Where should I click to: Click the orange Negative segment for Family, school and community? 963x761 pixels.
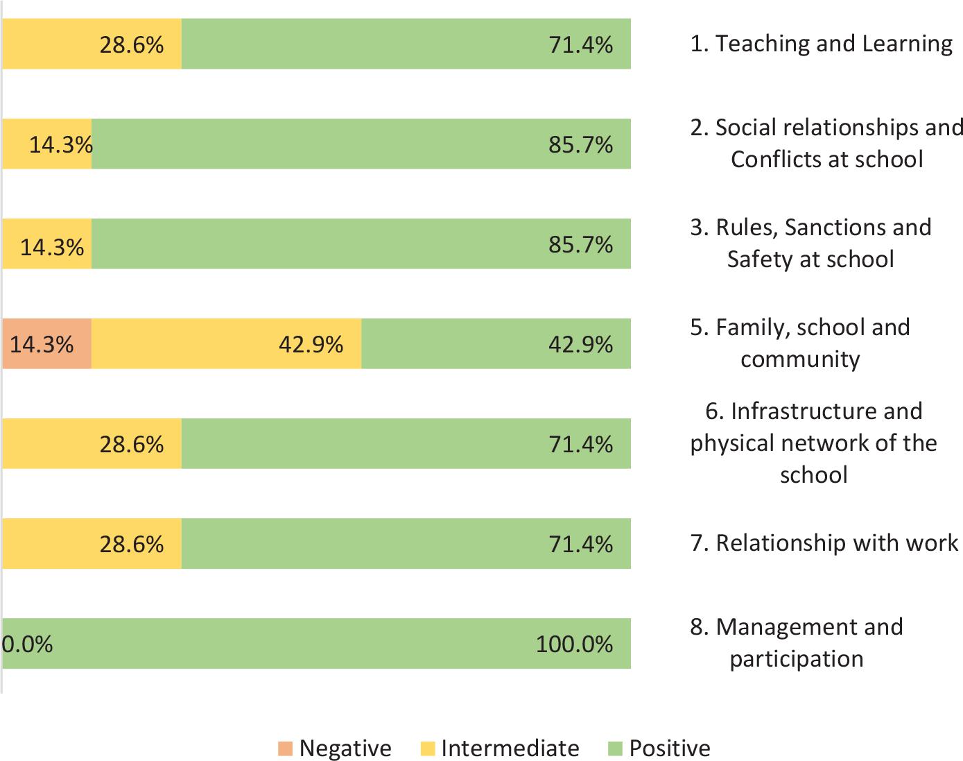[x=46, y=343]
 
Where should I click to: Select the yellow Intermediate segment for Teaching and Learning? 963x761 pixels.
[x=92, y=44]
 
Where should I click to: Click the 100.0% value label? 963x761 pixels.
[x=574, y=644]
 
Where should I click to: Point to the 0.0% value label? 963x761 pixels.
[x=27, y=644]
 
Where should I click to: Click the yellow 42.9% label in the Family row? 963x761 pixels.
[x=311, y=344]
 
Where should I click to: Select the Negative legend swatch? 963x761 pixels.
[x=286, y=749]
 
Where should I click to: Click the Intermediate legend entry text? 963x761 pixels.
[x=510, y=749]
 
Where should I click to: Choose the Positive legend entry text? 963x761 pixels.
[x=669, y=749]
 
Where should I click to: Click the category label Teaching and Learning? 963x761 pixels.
[x=822, y=44]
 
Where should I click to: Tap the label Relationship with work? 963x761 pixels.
[x=824, y=542]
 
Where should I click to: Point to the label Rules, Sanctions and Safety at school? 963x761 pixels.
[x=810, y=243]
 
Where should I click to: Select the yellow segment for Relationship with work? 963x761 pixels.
[x=92, y=543]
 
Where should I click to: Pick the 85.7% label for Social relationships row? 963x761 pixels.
[x=580, y=145]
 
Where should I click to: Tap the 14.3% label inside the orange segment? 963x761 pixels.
[x=42, y=344]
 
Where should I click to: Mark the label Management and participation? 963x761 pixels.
[x=797, y=642]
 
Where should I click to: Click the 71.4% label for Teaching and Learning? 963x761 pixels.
[x=580, y=45]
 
